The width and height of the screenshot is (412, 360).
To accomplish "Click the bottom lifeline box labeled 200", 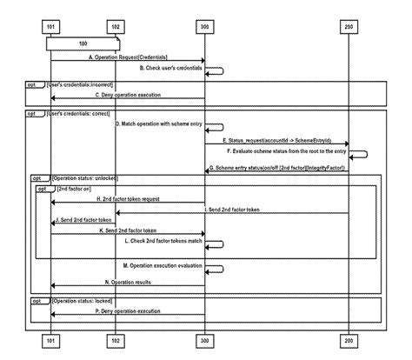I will [348, 339].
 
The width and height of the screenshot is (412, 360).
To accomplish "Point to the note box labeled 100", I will [82, 42].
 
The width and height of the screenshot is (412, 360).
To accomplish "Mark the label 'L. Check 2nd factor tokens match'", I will [164, 240].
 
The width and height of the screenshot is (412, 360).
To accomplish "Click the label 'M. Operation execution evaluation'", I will [163, 263].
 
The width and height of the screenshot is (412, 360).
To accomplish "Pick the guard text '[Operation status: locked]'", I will [85, 300].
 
